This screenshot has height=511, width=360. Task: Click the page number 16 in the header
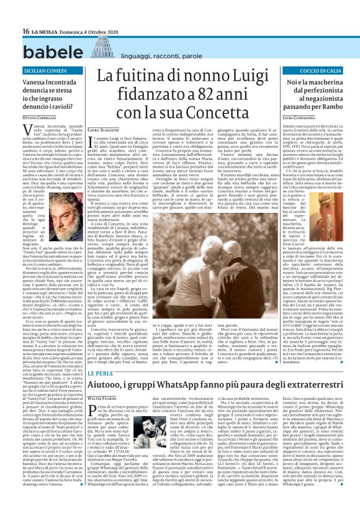[8, 13]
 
